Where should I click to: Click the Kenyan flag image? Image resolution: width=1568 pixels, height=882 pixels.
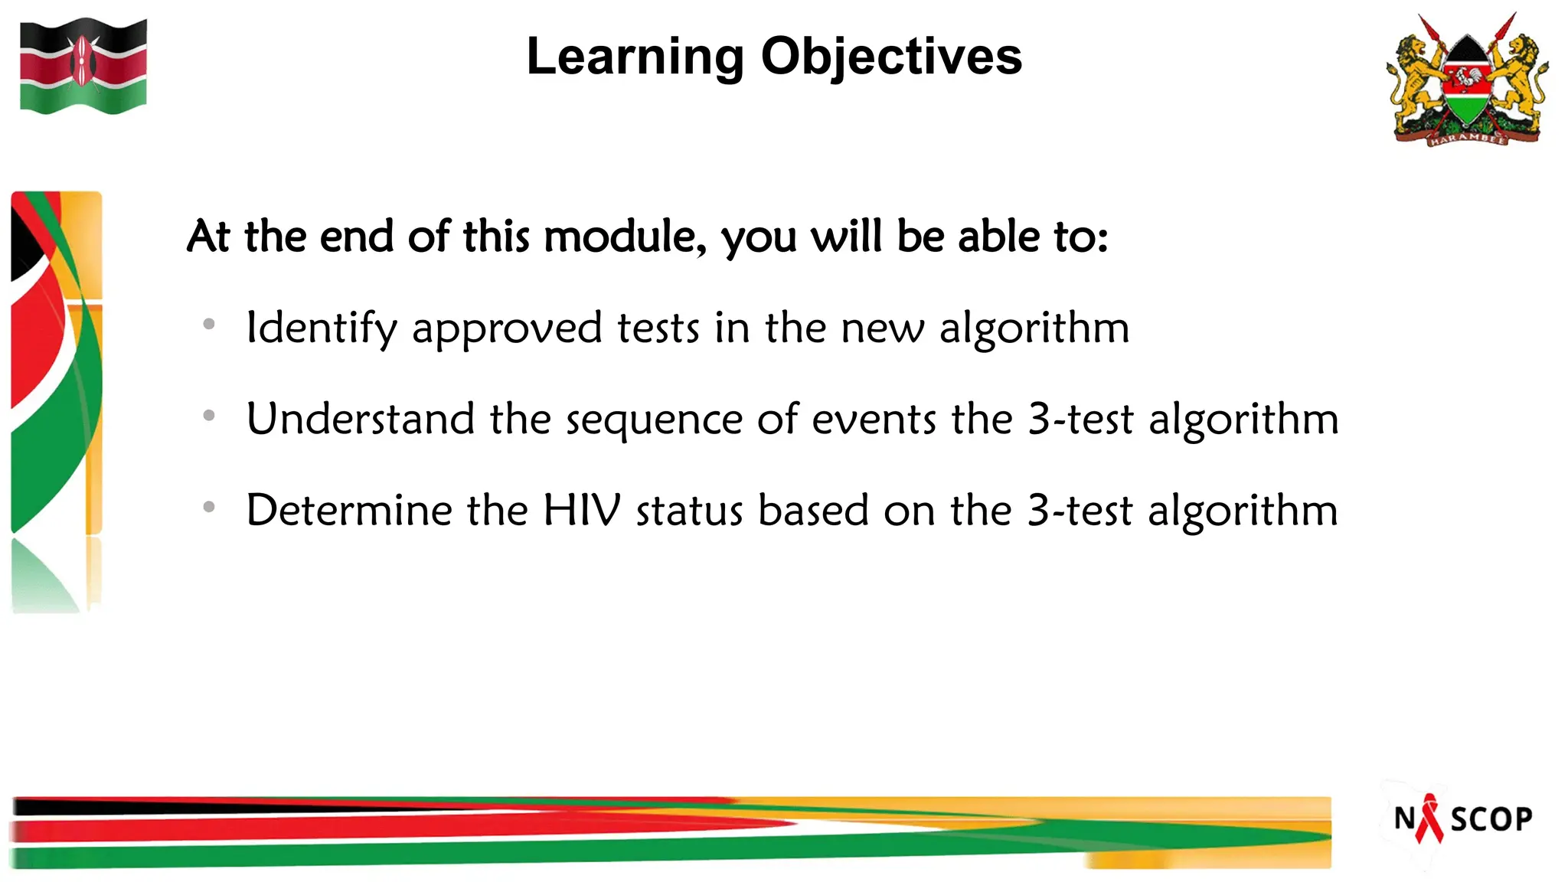click(x=83, y=67)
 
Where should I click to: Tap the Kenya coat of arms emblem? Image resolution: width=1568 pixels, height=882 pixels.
click(x=1467, y=80)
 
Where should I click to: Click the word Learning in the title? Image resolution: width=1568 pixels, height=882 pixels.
click(x=635, y=57)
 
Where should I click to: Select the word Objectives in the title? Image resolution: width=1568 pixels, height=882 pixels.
click(x=891, y=57)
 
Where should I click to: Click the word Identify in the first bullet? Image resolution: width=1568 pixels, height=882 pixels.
click(x=322, y=328)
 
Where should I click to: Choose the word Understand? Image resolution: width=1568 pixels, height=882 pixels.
click(x=361, y=420)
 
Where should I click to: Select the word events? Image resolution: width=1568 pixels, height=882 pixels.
click(x=874, y=420)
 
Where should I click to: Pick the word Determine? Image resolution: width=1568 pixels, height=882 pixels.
click(x=349, y=511)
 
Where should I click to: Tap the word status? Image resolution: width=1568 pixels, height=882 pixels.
click(x=689, y=511)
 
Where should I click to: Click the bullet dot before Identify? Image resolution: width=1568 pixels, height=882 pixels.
click(x=209, y=325)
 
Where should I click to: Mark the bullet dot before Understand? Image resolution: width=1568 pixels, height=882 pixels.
click(x=209, y=416)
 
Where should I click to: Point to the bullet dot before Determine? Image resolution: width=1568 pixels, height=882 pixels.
click(x=209, y=507)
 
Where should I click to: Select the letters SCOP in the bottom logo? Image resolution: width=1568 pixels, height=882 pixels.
click(x=1491, y=819)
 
